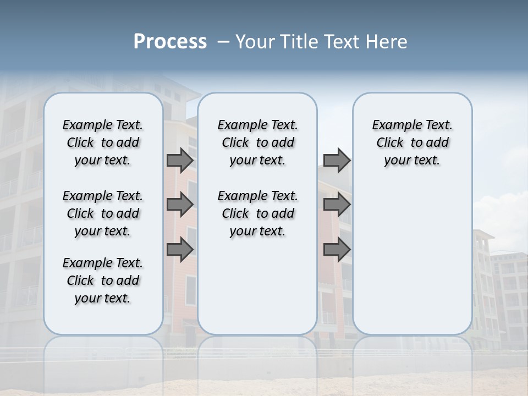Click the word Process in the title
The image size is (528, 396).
[170, 42]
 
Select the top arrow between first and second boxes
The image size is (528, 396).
[180, 160]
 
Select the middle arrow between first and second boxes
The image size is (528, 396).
[180, 205]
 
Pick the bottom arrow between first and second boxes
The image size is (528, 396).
[180, 250]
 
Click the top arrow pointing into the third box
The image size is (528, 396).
[337, 160]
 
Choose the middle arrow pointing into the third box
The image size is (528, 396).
[337, 205]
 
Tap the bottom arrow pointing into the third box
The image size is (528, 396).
[337, 250]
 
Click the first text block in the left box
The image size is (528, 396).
[103, 142]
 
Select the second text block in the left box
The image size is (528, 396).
[103, 213]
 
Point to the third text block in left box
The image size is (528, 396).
[103, 280]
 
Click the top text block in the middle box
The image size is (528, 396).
[257, 142]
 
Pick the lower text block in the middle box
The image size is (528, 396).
[257, 213]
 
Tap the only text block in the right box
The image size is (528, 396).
[412, 142]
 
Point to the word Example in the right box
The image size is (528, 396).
[393, 125]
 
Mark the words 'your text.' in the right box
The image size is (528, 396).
[412, 161]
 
